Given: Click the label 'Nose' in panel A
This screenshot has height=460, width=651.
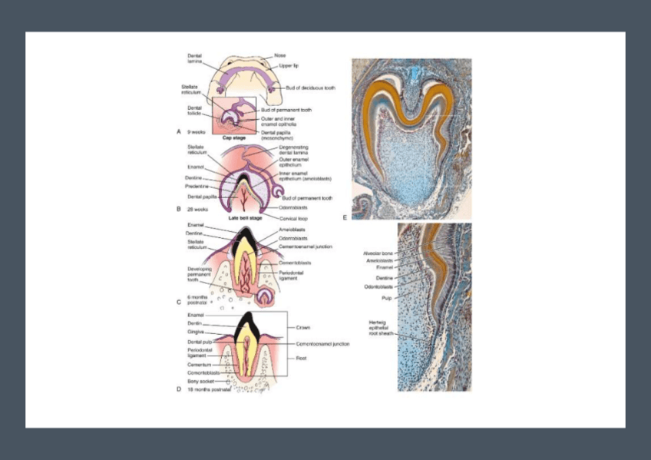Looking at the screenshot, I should pos(280,55).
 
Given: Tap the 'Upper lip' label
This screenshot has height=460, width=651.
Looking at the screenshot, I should pos(289,66).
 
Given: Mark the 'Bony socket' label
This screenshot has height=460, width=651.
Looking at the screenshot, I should pos(200,381).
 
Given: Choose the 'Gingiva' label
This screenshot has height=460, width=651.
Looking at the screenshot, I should pos(197,333).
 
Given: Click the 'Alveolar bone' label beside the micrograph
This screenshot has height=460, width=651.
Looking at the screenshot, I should pos(378,253).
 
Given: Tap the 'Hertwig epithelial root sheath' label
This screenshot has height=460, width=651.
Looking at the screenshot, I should pos(382,328).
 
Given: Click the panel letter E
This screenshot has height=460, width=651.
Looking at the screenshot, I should pos(345,217).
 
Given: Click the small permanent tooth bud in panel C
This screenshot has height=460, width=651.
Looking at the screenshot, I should pos(266,296).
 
